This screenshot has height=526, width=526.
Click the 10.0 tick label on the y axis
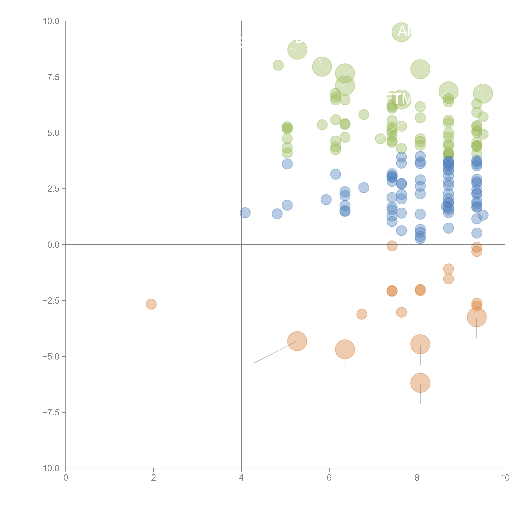51,21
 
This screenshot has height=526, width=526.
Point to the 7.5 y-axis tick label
53,77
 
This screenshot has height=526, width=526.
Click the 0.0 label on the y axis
53,245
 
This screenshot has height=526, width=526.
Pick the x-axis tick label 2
154,478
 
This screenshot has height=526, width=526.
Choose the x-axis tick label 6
329,478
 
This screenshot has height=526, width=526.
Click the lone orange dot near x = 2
151,304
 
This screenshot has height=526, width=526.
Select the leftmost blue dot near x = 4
245,213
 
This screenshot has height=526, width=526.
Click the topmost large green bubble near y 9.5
401,32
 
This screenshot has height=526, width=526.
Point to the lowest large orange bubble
420,383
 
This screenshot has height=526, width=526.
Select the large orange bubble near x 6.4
345,349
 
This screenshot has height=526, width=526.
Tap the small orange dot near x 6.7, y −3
362,314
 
